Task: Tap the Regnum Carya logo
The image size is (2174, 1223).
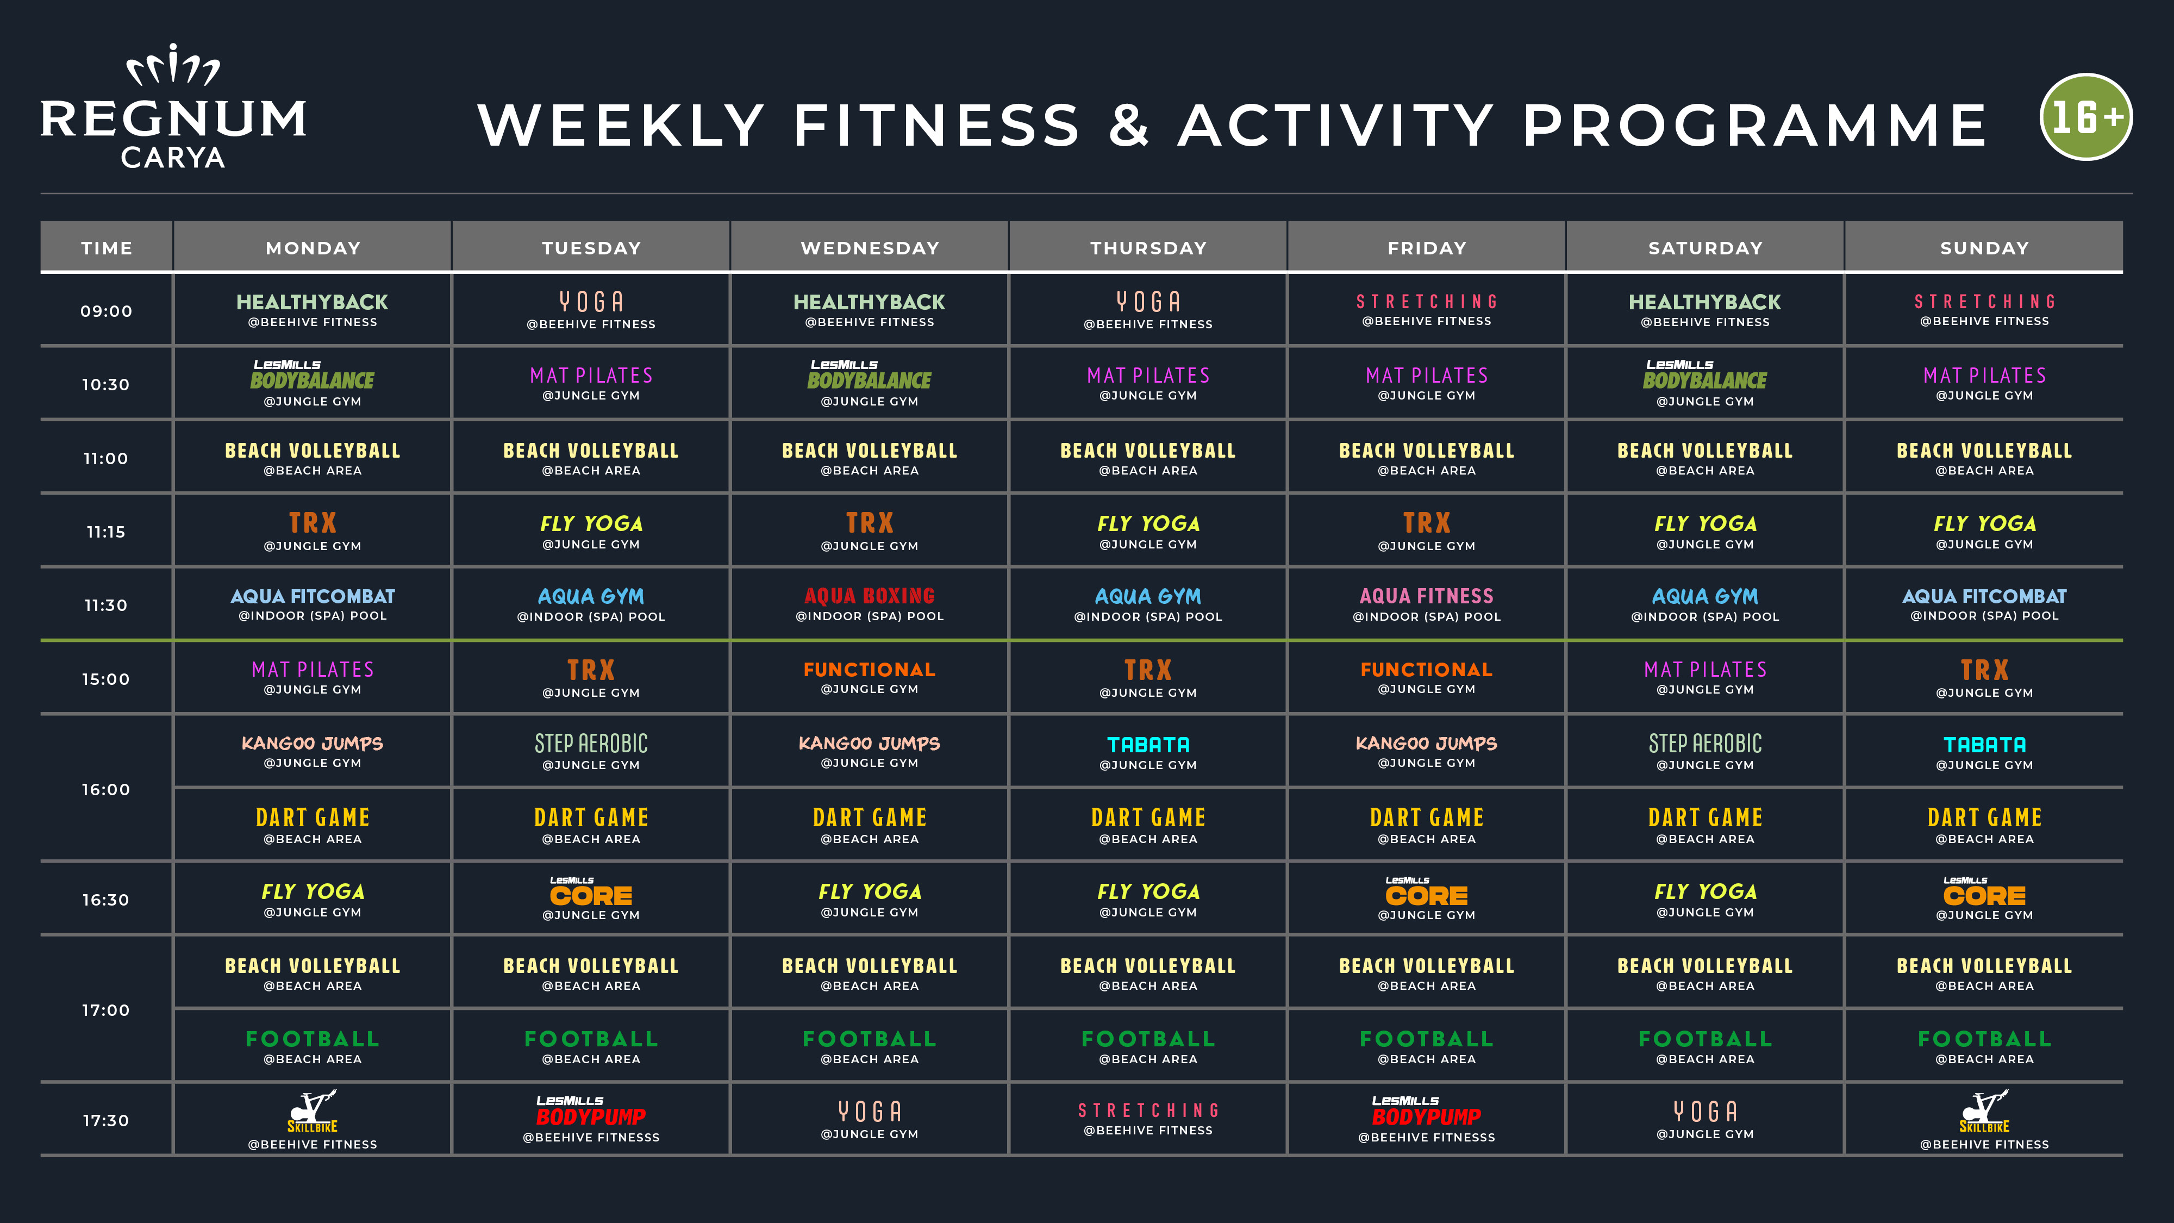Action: [174, 107]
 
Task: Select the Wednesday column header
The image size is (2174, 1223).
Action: [869, 247]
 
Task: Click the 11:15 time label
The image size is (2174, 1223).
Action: [105, 532]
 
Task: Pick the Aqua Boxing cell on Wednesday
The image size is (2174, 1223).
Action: [869, 603]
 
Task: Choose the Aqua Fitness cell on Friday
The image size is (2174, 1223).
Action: [1426, 603]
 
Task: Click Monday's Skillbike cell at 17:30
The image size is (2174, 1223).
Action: [313, 1119]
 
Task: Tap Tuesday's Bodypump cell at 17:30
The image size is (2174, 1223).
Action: [591, 1119]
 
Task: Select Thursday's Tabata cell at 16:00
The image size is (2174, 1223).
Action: [1148, 751]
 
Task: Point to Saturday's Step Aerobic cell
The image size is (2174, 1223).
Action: [1705, 751]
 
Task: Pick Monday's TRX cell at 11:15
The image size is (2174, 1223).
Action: [313, 530]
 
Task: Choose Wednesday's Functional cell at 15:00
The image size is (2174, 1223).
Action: [869, 677]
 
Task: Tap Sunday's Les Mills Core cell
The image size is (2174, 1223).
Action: [1984, 898]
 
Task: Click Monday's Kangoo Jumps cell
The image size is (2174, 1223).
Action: [313, 751]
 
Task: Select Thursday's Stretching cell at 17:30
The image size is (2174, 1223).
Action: [1148, 1119]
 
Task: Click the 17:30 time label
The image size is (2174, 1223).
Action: [105, 1120]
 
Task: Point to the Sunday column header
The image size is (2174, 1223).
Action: [1984, 247]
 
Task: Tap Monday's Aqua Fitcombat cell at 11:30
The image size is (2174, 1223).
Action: [313, 603]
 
